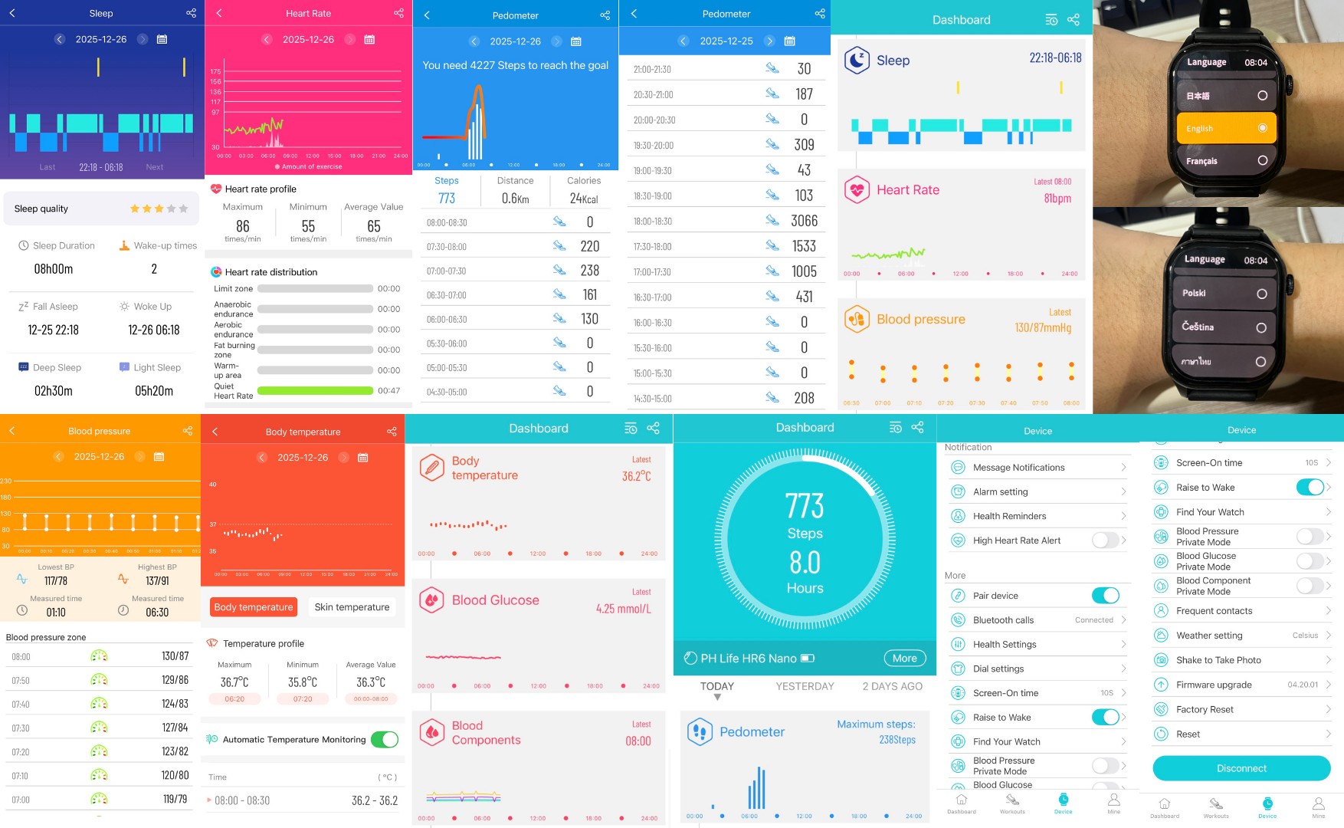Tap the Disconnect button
[x=1241, y=768]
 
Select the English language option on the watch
[x=1225, y=128]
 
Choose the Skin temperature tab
[x=352, y=607]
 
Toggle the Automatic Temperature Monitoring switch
[x=384, y=739]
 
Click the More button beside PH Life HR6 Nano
[x=904, y=658]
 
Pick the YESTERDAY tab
[x=805, y=686]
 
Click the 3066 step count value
[x=804, y=221]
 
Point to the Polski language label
[x=1194, y=293]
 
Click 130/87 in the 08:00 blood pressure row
[x=175, y=656]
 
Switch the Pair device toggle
[x=1105, y=596]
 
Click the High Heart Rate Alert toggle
[x=1104, y=540]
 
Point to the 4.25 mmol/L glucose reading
[x=623, y=609]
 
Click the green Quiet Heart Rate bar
[x=315, y=390]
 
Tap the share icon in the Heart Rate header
[x=398, y=13]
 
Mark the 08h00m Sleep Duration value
[x=54, y=269]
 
